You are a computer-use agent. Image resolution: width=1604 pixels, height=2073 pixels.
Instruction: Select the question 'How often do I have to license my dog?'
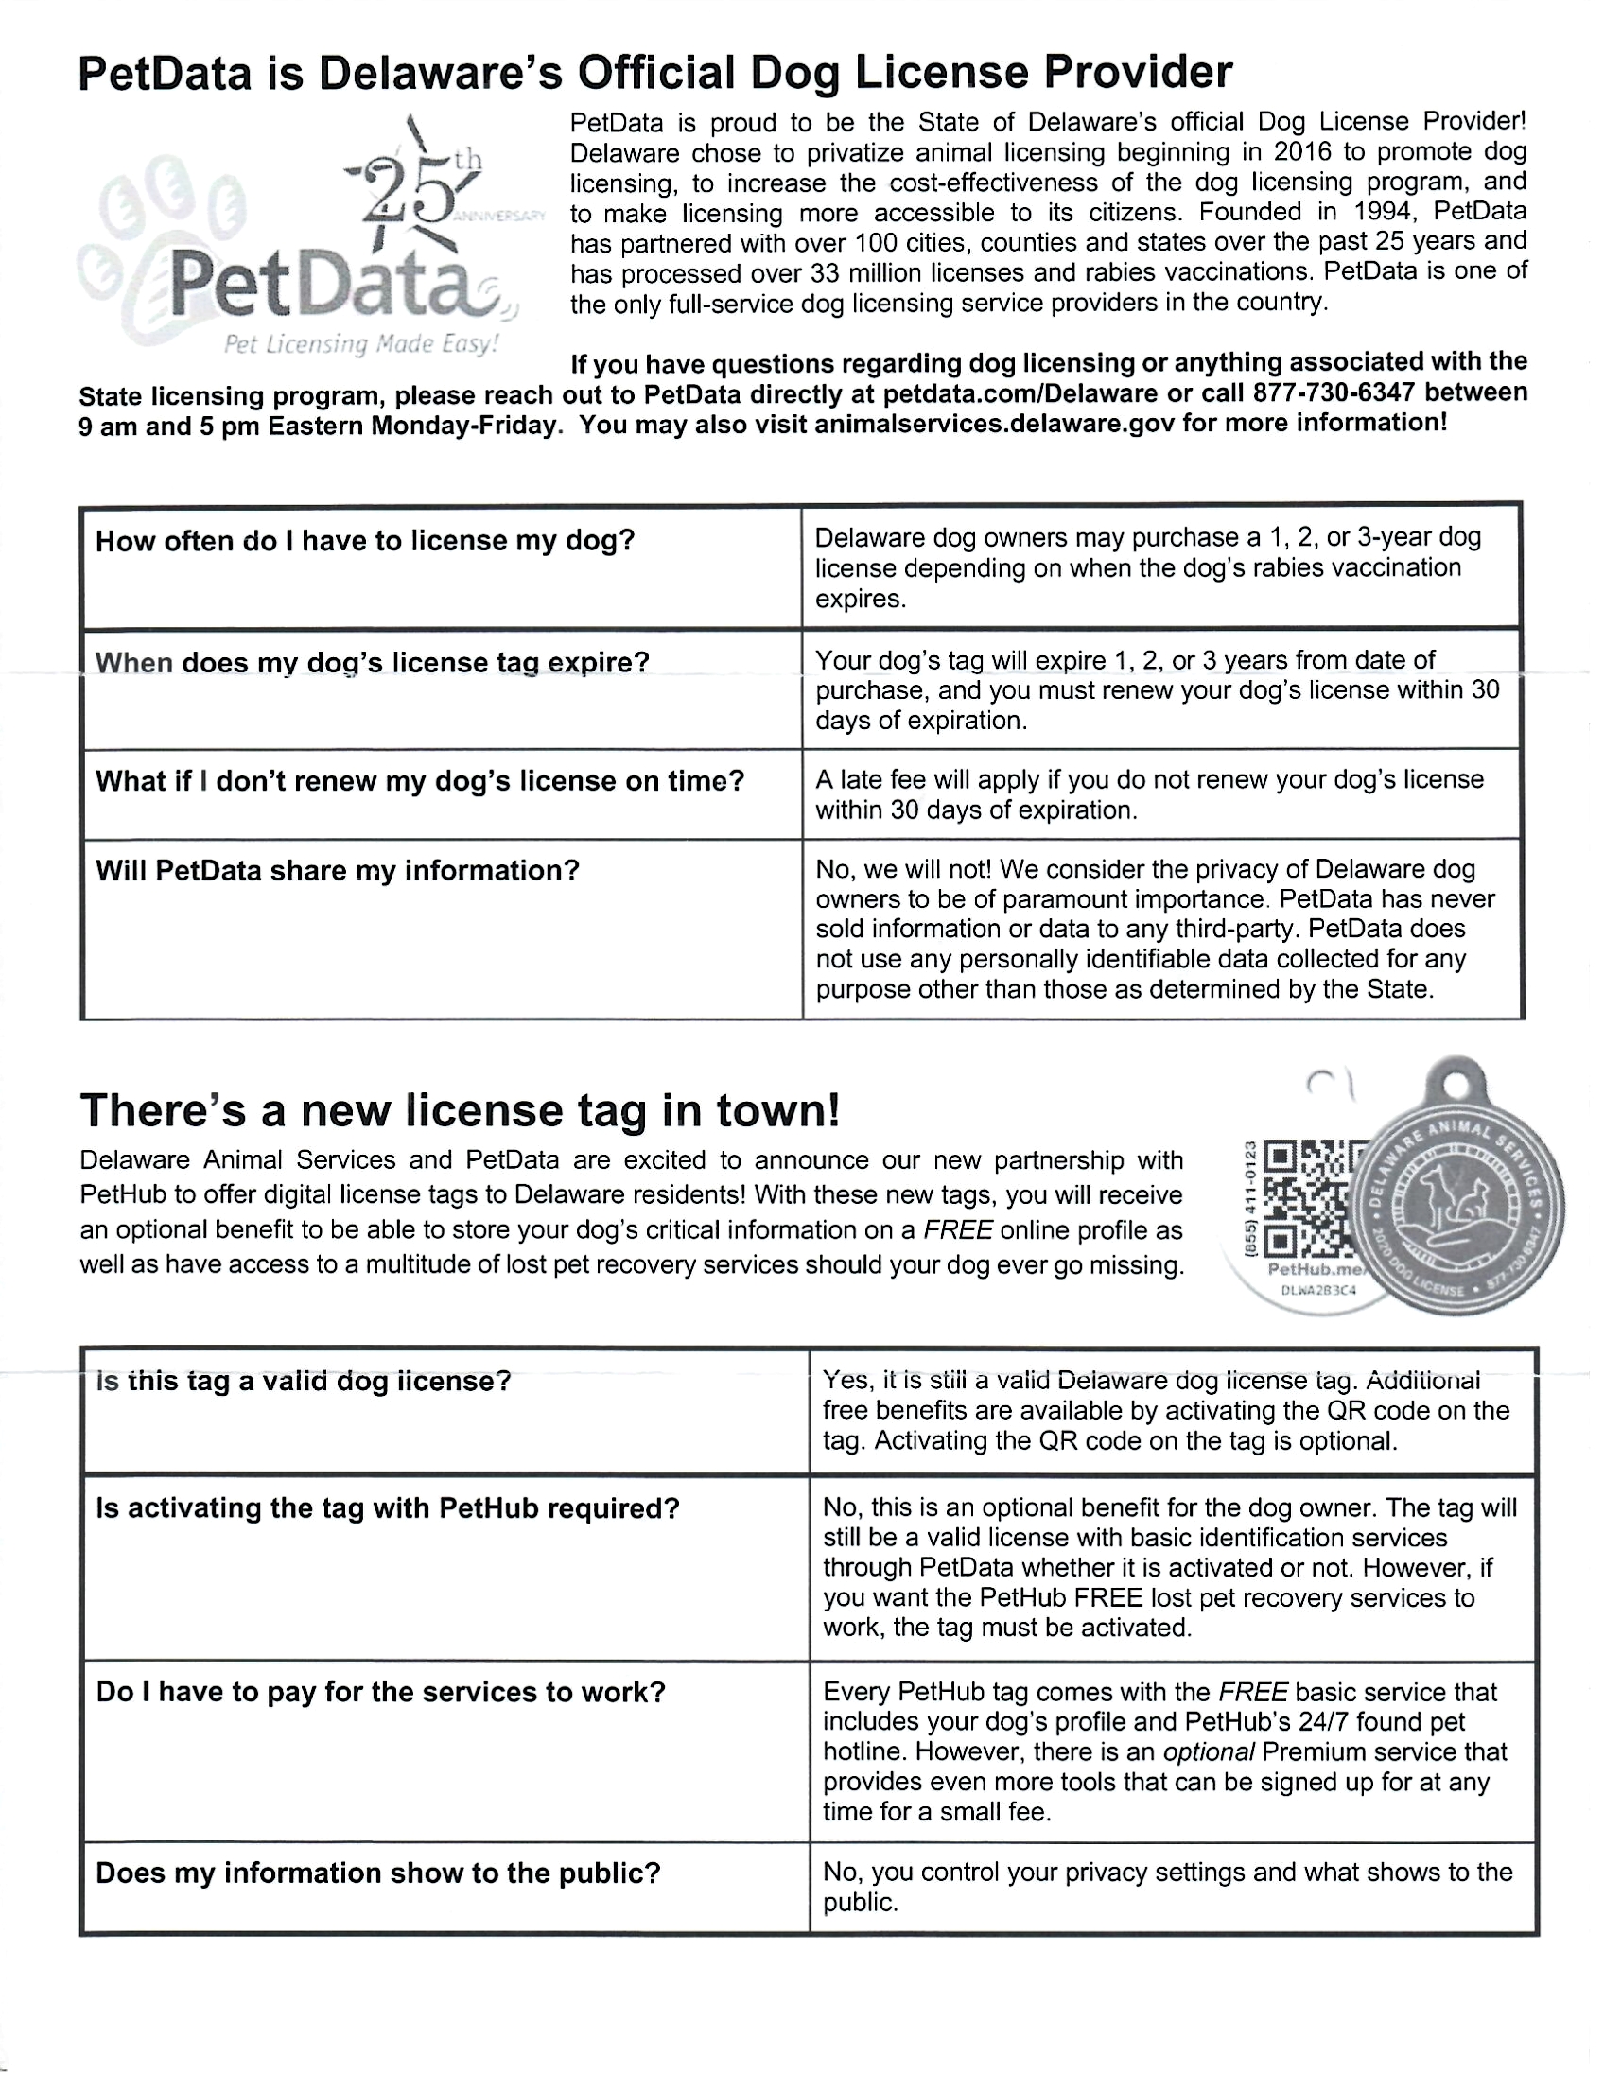[364, 541]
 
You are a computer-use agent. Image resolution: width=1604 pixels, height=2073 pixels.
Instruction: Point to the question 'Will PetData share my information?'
[337, 870]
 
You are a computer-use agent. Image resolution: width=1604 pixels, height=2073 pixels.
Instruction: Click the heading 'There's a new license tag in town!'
[460, 1110]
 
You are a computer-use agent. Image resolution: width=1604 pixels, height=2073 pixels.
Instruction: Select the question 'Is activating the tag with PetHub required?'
[387, 1508]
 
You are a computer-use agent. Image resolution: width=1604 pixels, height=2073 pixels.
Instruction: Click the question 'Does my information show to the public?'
[377, 1873]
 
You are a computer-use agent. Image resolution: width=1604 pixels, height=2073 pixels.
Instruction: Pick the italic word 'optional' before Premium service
[1210, 1751]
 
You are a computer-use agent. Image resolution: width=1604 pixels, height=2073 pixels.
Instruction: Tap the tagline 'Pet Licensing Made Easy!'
[360, 343]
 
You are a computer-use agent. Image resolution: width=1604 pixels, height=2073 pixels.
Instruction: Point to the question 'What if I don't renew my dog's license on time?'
[420, 781]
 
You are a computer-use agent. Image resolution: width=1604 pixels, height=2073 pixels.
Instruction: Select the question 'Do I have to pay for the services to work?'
[380, 1692]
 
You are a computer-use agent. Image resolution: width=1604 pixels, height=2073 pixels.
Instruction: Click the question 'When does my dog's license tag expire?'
[372, 663]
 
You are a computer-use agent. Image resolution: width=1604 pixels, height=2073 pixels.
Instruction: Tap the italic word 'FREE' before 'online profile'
[958, 1230]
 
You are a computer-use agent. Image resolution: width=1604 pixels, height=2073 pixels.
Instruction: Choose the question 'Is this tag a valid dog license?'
[303, 1381]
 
